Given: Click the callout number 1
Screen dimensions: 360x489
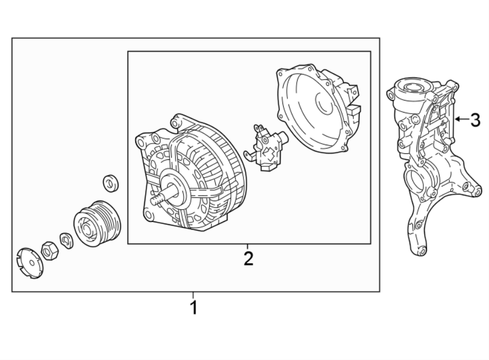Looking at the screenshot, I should point(193,308).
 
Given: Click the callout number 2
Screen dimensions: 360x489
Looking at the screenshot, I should point(248,258).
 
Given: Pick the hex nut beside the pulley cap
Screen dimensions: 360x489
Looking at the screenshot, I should point(49,251).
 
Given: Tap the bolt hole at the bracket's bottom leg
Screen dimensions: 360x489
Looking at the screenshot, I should point(417,250).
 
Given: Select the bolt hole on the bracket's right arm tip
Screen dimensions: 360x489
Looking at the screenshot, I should point(478,191).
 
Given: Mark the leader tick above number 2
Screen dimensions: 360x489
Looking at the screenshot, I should point(248,246).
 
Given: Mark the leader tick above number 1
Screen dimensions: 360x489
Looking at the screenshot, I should point(193,295).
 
